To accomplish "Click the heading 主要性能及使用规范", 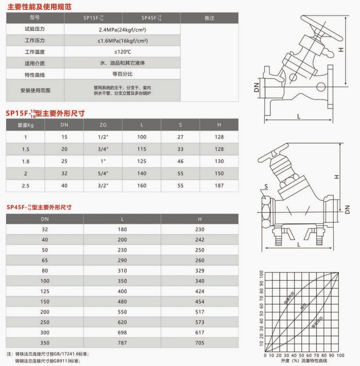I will (x=39, y=6).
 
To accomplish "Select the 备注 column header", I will (x=209, y=18).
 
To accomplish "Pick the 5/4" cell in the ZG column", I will (x=103, y=173).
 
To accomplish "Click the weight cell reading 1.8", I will (x=26, y=161).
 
